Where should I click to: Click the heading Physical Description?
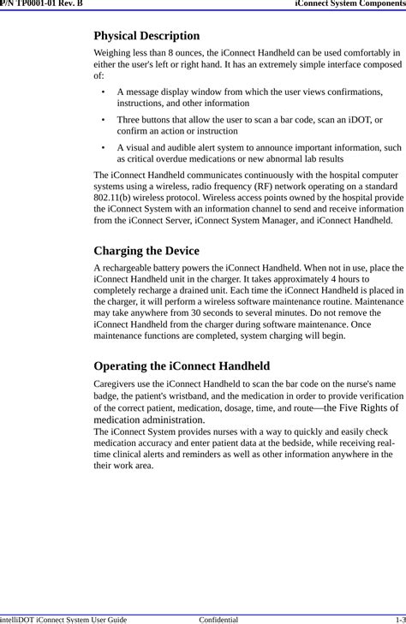click(x=146, y=36)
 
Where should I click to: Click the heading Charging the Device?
click(x=146, y=251)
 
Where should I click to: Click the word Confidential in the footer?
click(x=218, y=618)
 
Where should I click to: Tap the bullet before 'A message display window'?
click(x=103, y=91)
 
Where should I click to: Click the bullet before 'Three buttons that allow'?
click(x=103, y=120)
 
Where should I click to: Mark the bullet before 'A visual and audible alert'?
click(x=103, y=147)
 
